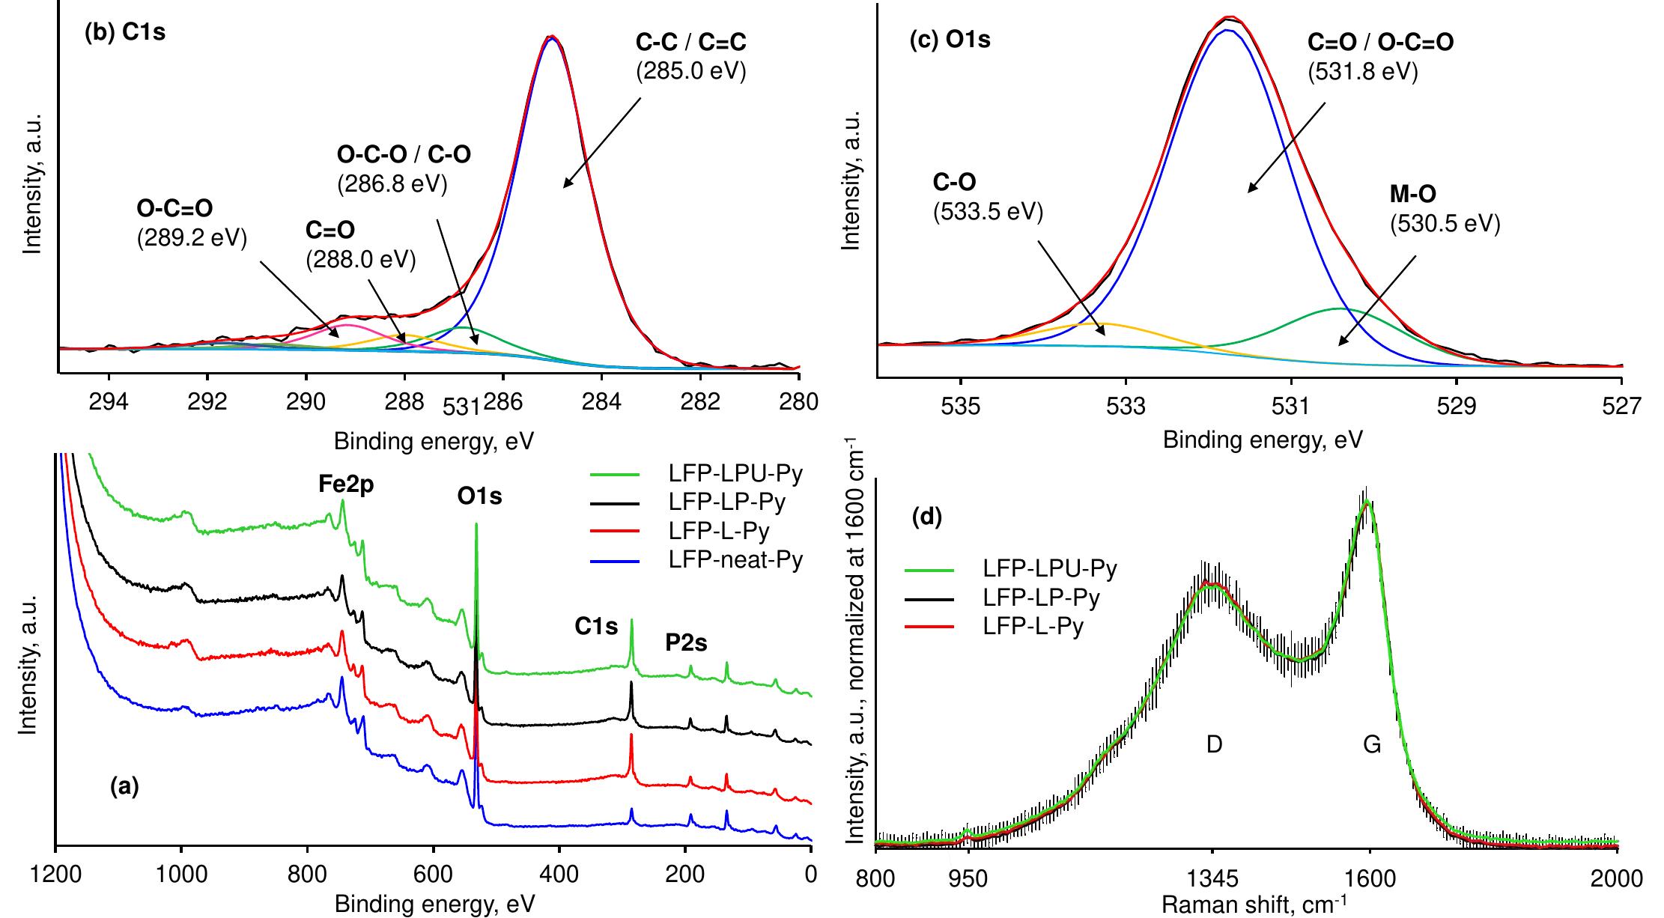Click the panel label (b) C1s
[124, 34]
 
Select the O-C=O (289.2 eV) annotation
[192, 222]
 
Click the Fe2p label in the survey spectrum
[346, 485]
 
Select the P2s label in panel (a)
[686, 642]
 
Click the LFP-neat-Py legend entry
[735, 559]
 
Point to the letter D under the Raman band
[1214, 744]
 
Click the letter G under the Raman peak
[1372, 744]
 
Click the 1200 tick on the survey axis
[55, 877]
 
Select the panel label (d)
[926, 517]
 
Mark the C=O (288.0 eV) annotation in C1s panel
[360, 243]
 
